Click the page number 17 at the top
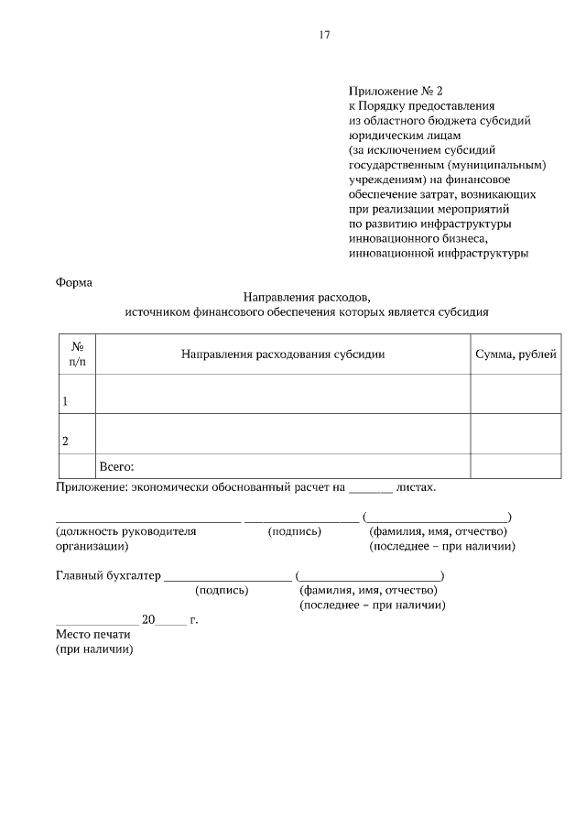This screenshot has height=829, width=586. click(324, 36)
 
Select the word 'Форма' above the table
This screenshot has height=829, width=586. click(74, 282)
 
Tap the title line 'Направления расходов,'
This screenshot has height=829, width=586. click(307, 297)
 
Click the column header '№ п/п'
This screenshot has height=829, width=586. click(78, 355)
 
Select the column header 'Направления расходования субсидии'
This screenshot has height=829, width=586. click(283, 354)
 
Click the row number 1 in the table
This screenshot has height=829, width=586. click(65, 401)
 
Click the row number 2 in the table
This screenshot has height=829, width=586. click(65, 441)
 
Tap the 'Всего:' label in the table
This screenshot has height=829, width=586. click(117, 466)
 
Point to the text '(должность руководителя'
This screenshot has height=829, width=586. click(126, 531)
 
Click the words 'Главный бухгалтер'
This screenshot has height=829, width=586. click(108, 576)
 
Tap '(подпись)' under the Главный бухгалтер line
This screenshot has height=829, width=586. click(222, 591)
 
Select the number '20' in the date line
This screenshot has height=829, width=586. click(149, 620)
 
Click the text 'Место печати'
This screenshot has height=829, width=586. click(94, 634)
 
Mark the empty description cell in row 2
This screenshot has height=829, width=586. click(283, 433)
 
